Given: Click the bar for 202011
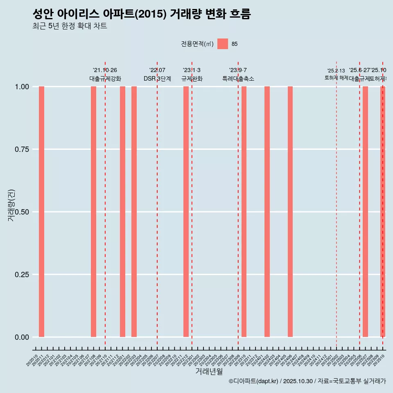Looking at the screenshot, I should (x=41, y=212).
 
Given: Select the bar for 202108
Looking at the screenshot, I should (x=93, y=212).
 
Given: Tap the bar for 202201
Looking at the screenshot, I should (x=122, y=212).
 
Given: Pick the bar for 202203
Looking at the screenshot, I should (x=134, y=212).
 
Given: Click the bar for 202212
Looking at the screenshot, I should (x=186, y=212).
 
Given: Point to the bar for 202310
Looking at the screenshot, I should (x=244, y=212).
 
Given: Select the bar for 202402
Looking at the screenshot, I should (x=267, y=212).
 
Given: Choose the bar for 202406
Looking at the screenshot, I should (x=290, y=212).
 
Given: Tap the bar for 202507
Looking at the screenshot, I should (x=365, y=212).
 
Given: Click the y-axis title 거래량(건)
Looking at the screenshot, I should (x=11, y=206).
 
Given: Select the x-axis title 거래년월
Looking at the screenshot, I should (x=209, y=372).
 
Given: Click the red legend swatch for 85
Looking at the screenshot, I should (x=223, y=44).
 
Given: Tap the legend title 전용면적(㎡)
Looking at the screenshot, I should (x=197, y=44).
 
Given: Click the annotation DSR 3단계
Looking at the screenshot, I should (x=157, y=79).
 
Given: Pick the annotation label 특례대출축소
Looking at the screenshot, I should (x=238, y=79).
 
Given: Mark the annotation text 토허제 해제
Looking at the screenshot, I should (x=336, y=77).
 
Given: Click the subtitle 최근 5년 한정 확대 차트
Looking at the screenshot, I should (x=70, y=26).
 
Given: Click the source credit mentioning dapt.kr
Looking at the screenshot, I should (x=307, y=382).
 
